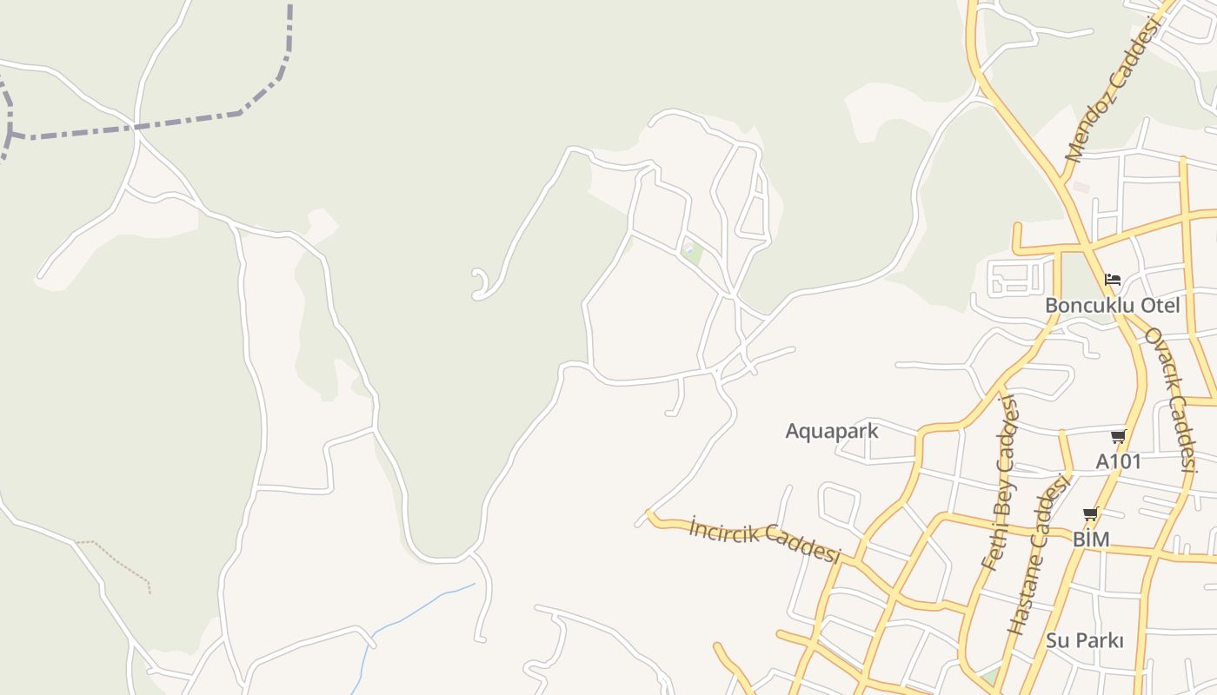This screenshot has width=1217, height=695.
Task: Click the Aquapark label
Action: [x=832, y=431]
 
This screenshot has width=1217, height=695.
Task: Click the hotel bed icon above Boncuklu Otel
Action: [x=1113, y=280]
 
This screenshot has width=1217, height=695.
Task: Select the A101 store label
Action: [x=1118, y=461]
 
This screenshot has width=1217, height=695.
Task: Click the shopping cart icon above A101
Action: [x=1118, y=436]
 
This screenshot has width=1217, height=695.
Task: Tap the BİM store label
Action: [x=1091, y=539]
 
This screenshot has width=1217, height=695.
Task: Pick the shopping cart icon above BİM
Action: [x=1091, y=514]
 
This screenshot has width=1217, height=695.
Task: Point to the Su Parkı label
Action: [x=1085, y=641]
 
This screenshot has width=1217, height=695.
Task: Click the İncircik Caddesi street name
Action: [x=765, y=539]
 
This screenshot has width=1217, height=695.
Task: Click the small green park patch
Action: [x=692, y=254]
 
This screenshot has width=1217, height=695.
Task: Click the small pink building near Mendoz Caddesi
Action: [x=1081, y=187]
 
